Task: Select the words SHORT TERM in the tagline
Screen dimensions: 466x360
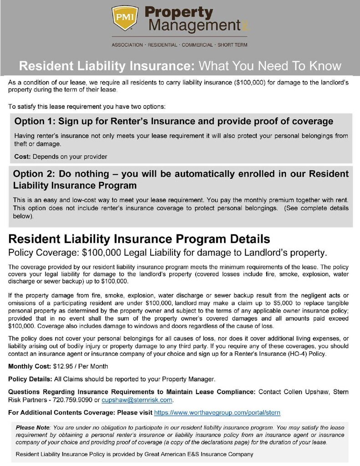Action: (x=233, y=45)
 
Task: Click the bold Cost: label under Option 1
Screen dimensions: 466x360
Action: (x=22, y=157)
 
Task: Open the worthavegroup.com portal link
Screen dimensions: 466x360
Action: (x=217, y=413)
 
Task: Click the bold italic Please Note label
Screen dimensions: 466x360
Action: (x=33, y=427)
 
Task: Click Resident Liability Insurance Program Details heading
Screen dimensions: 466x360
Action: (x=139, y=239)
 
